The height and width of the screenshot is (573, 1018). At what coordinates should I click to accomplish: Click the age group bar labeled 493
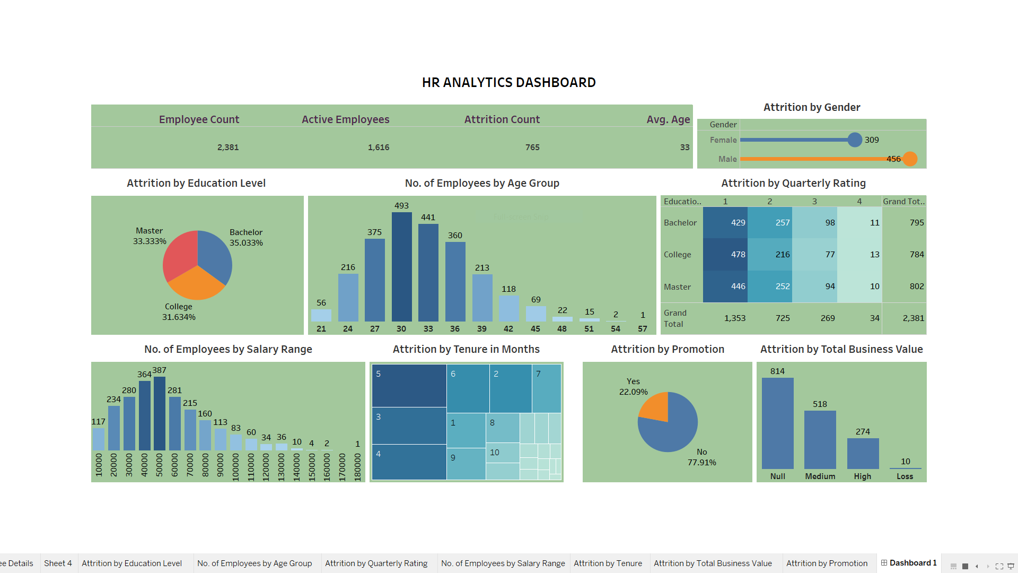tap(401, 267)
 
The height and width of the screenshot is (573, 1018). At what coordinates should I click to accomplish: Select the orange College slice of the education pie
tap(196, 284)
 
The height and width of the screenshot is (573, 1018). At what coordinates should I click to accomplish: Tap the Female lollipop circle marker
tap(855, 140)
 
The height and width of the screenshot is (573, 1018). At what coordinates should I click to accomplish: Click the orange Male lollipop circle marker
tap(910, 159)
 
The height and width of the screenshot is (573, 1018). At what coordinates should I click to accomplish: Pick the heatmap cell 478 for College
tap(725, 255)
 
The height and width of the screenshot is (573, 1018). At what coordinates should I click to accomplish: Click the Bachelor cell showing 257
tap(770, 223)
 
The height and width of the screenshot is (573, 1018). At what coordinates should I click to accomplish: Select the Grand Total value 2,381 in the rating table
tap(913, 318)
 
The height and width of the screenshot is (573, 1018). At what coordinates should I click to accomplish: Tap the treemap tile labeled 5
tap(409, 386)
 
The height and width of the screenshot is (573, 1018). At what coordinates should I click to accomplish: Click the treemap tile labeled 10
tap(503, 453)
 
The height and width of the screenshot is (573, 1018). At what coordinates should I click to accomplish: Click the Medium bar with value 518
tap(820, 440)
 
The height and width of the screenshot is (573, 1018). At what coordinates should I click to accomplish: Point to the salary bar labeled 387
tap(160, 414)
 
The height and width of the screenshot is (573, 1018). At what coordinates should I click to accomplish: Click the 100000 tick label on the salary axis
tap(235, 467)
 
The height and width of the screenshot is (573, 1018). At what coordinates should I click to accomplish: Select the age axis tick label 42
tap(508, 329)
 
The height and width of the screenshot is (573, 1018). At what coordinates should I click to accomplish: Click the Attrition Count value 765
tap(532, 147)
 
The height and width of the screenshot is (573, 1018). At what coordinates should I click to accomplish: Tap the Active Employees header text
tap(346, 119)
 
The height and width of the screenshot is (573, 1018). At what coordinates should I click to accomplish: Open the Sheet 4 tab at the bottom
tap(58, 563)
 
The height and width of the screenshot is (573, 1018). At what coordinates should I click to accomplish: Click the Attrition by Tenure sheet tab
tap(608, 563)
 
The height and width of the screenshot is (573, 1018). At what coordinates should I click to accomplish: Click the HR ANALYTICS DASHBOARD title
tap(508, 82)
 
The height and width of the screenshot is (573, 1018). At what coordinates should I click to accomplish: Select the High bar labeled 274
tap(863, 454)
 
